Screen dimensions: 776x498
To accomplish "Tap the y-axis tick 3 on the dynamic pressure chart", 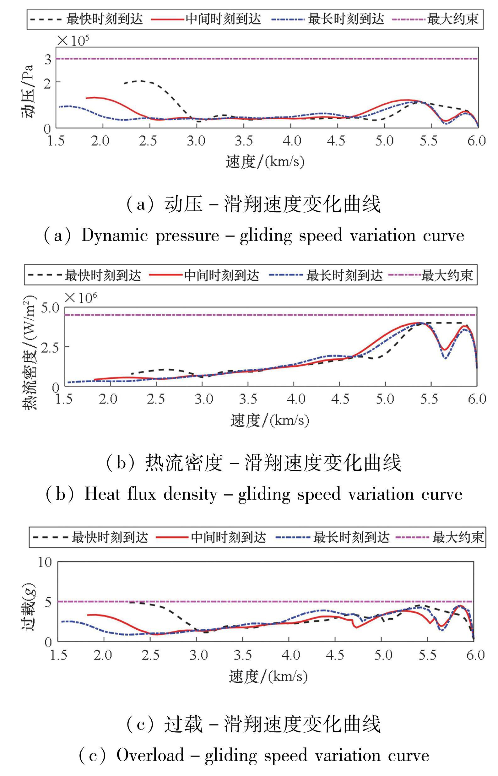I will pyautogui.click(x=48, y=59).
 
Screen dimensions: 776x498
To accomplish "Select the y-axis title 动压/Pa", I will pyautogui.click(x=28, y=92).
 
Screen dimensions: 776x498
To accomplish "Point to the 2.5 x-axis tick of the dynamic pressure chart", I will pyautogui.click(x=149, y=141).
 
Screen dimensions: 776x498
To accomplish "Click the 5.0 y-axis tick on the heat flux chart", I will pyautogui.click(x=50, y=307).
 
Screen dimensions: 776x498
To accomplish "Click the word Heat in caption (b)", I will pyautogui.click(x=102, y=494).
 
